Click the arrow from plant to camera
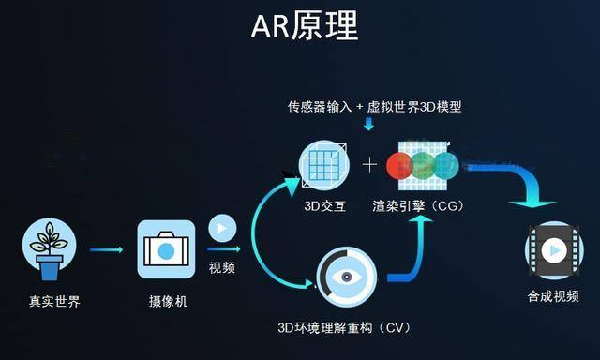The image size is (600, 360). pyautogui.click(x=107, y=250)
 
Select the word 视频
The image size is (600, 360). pyautogui.click(x=222, y=268)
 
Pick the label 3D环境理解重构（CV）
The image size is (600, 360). pyautogui.click(x=345, y=327)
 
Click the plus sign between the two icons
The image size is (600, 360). pyautogui.click(x=369, y=165)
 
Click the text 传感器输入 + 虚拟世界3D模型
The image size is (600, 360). pyautogui.click(x=374, y=106)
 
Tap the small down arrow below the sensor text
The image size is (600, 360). pyautogui.click(x=368, y=124)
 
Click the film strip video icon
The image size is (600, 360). pyautogui.click(x=553, y=250)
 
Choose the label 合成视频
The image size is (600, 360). pyautogui.click(x=553, y=296)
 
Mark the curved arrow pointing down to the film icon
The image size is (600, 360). pyautogui.click(x=525, y=183)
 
